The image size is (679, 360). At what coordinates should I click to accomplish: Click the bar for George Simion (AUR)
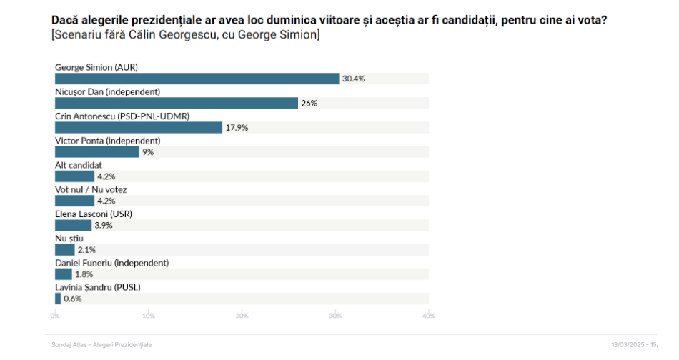click(197, 79)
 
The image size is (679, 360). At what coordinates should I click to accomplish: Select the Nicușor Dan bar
click(176, 103)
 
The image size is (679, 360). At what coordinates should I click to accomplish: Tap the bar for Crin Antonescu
click(139, 127)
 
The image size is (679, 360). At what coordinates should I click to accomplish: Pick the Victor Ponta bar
click(97, 152)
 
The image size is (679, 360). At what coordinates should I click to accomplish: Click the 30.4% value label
click(353, 79)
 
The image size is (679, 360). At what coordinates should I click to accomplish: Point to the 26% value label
click(309, 103)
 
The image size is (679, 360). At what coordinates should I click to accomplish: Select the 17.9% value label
click(237, 128)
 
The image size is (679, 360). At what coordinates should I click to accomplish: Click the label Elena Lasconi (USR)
click(94, 214)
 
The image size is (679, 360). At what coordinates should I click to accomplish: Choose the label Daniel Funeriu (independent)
click(111, 263)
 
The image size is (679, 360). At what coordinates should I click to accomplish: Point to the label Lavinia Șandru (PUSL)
click(98, 287)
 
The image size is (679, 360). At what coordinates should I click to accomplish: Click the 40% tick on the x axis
click(429, 315)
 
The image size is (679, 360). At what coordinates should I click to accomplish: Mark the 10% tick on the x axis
click(149, 315)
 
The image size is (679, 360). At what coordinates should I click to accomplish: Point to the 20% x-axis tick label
click(242, 315)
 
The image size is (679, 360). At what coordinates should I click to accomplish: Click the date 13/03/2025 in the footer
click(627, 345)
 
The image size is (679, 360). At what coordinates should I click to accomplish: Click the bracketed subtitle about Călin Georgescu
click(185, 35)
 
